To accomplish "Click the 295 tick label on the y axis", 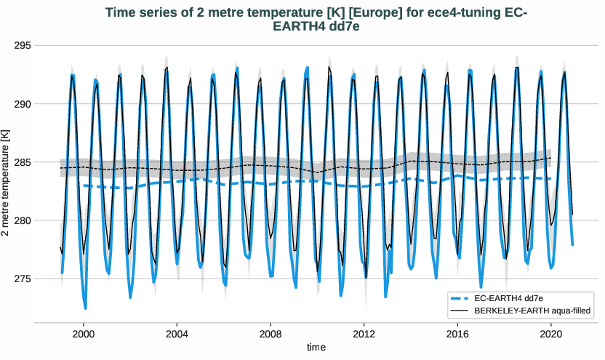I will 23,46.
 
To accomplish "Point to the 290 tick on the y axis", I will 23,104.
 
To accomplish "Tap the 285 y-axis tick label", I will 23,162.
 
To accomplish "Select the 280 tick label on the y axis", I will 23,220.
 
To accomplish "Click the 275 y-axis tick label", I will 23,279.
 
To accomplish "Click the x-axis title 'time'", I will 316,348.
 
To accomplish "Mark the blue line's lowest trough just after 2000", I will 85,308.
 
